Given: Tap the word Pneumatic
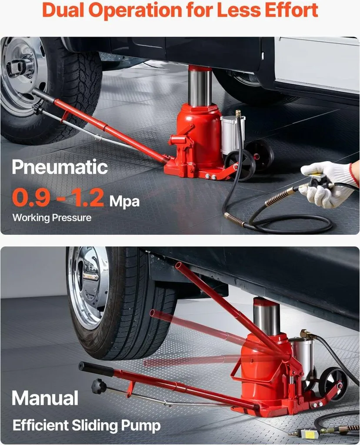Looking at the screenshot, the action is click(60, 167).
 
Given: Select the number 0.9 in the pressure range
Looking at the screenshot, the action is click(31, 197).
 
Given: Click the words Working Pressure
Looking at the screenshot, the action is click(52, 218).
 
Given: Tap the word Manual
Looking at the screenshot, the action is click(45, 398).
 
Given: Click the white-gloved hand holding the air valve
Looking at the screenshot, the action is click(327, 184).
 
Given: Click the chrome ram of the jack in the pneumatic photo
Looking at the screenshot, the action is click(200, 86).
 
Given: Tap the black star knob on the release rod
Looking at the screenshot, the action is click(99, 386).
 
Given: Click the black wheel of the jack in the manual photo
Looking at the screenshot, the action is click(333, 384).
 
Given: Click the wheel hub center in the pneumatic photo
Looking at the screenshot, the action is click(17, 67).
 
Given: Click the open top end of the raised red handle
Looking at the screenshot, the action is click(178, 266).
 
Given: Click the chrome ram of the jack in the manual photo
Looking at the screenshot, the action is click(267, 316).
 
